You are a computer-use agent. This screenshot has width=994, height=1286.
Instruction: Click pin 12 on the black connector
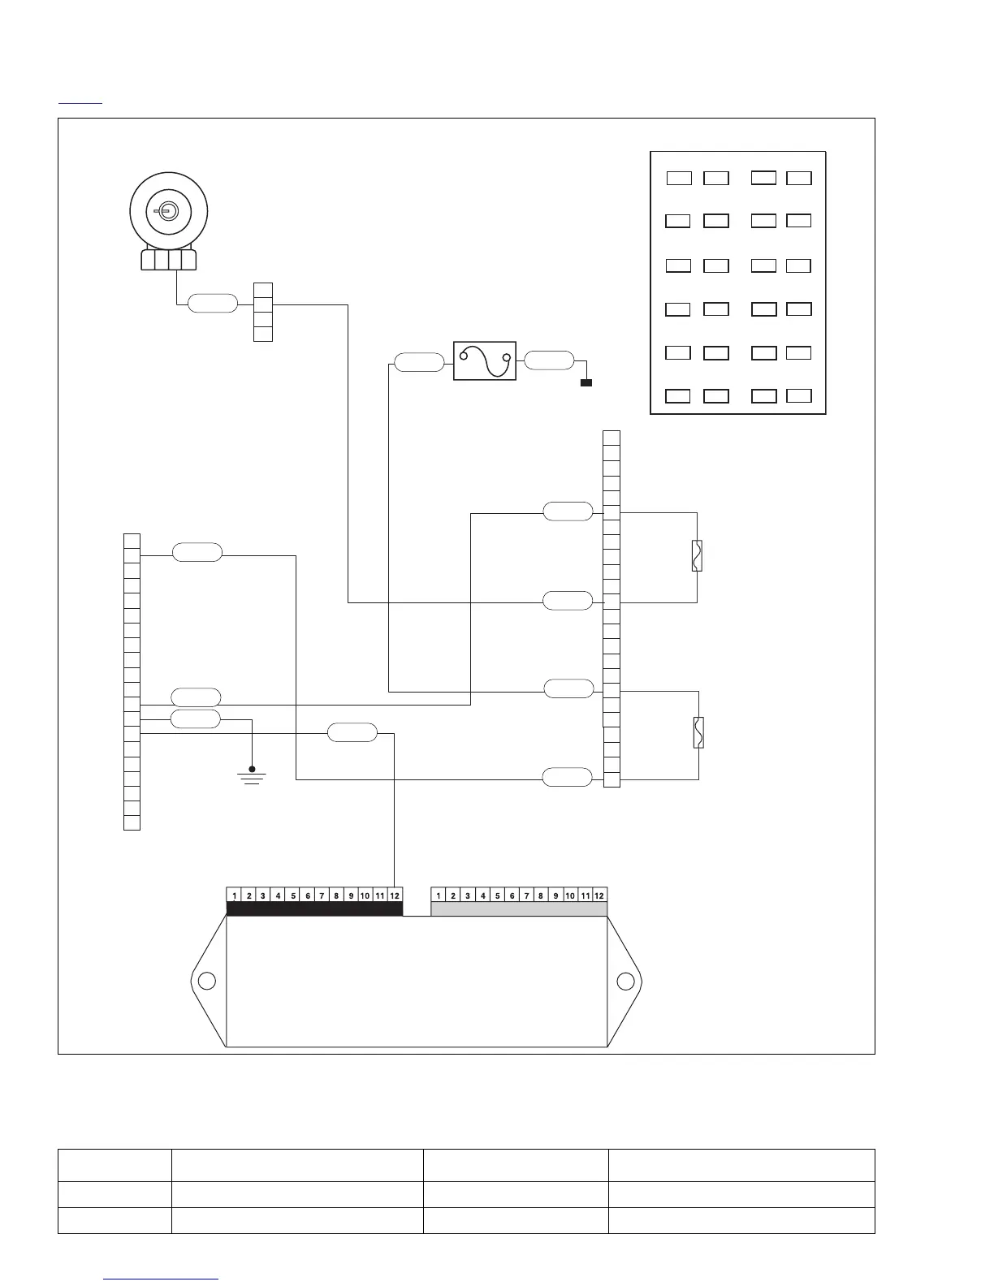[x=395, y=895]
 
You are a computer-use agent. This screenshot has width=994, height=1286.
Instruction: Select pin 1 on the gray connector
[x=439, y=895]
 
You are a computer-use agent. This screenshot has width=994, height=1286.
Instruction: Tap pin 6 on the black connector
[x=308, y=895]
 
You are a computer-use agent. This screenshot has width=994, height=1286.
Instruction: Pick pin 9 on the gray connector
[x=555, y=895]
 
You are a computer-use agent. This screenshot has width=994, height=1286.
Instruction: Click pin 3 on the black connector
[x=263, y=895]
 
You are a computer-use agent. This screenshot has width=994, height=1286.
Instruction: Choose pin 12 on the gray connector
[x=599, y=895]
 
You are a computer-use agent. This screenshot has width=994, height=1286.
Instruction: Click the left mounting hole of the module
[x=206, y=981]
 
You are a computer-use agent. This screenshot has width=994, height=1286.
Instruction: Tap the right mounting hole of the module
[x=625, y=981]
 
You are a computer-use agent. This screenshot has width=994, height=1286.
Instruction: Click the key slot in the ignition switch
[x=165, y=212]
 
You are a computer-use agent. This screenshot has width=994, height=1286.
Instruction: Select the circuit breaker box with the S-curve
[x=484, y=361]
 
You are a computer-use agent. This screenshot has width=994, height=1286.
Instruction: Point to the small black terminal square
[x=586, y=382]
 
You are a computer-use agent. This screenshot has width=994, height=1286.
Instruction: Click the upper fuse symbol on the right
[x=697, y=556]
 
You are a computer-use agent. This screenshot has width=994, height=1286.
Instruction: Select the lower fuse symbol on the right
[x=698, y=732]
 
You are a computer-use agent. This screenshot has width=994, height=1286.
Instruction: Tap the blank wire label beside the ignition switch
[x=213, y=304]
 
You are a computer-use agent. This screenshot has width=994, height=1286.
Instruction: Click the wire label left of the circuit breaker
[x=419, y=362]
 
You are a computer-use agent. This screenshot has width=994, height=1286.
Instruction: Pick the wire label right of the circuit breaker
[x=549, y=360]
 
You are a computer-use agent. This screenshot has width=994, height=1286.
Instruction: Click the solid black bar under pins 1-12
[x=314, y=909]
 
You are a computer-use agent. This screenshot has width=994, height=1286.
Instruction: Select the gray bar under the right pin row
[x=519, y=909]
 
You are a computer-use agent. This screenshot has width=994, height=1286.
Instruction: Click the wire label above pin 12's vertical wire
[x=352, y=732]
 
